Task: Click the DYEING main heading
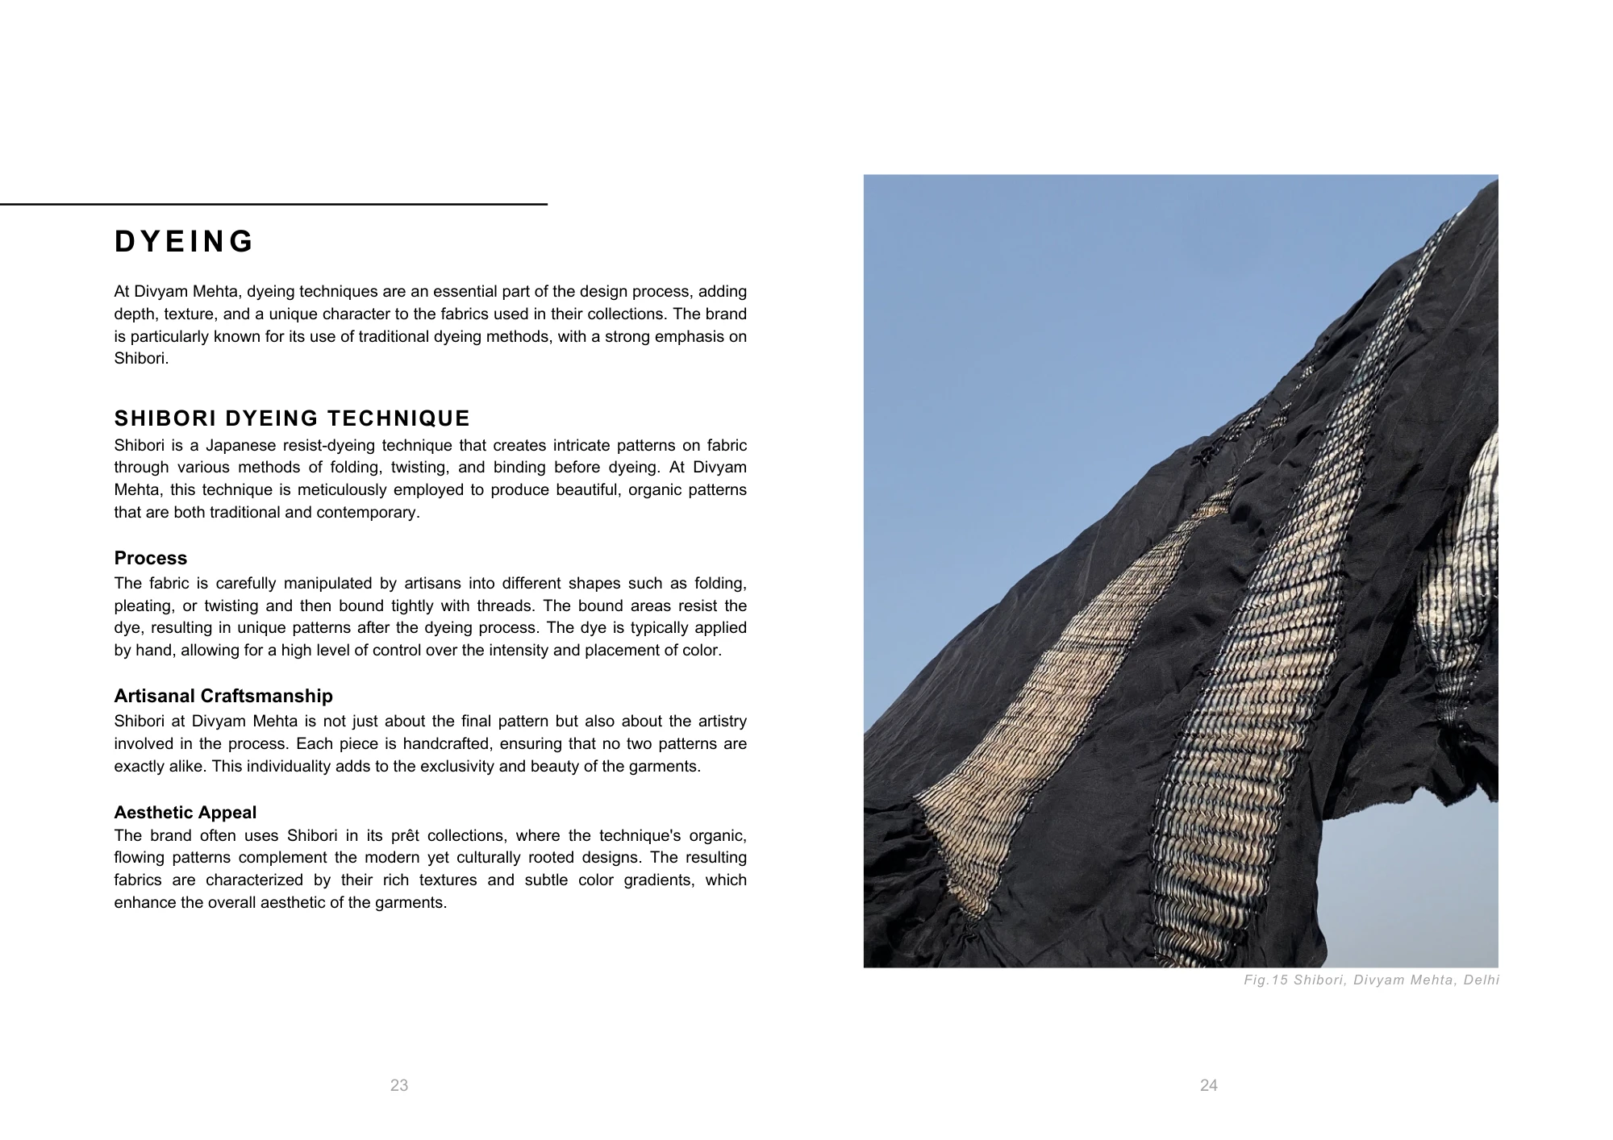184,242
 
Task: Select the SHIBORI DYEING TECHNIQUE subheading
292,418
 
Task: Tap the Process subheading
151,558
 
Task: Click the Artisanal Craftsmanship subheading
223,696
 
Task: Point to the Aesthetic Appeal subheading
185,813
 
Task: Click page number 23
399,1085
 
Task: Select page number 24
1208,1085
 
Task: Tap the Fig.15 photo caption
1371,980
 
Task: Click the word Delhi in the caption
1481,980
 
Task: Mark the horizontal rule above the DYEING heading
274,205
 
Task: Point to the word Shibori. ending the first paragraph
141,359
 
